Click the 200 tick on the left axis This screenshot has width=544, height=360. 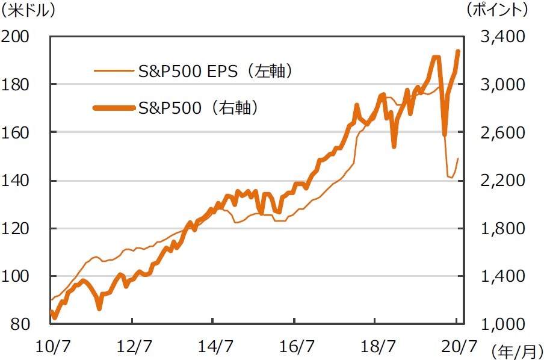click(18, 37)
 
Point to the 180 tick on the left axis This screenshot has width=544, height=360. click(18, 84)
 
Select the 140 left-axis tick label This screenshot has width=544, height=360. click(18, 180)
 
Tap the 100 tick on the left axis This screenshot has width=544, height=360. click(18, 276)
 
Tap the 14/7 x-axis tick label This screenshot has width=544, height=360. click(215, 346)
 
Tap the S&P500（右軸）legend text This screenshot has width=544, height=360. click(198, 108)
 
